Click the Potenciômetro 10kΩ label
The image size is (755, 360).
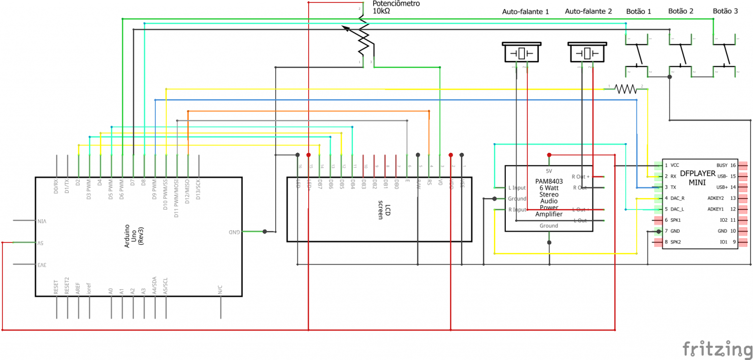coord(396,7)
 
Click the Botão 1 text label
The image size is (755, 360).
coord(639,11)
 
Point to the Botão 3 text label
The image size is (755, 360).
coord(725,11)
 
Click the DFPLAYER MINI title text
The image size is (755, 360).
coord(697,178)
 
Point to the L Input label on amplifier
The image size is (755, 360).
coord(517,188)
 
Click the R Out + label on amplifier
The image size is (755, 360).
coord(580,177)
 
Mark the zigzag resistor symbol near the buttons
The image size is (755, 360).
coord(625,89)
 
